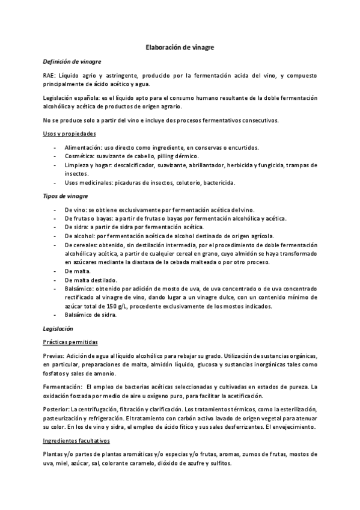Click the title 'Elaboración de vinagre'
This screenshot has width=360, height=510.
pyautogui.click(x=180, y=46)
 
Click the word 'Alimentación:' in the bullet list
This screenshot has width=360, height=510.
pyautogui.click(x=81, y=148)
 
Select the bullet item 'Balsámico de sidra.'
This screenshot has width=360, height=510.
pyautogui.click(x=91, y=315)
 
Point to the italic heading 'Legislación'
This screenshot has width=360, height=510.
pyautogui.click(x=58, y=329)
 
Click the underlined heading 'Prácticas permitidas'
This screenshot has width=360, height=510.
pyautogui.click(x=70, y=342)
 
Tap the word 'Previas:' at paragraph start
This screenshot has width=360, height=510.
pyautogui.click(x=53, y=356)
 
